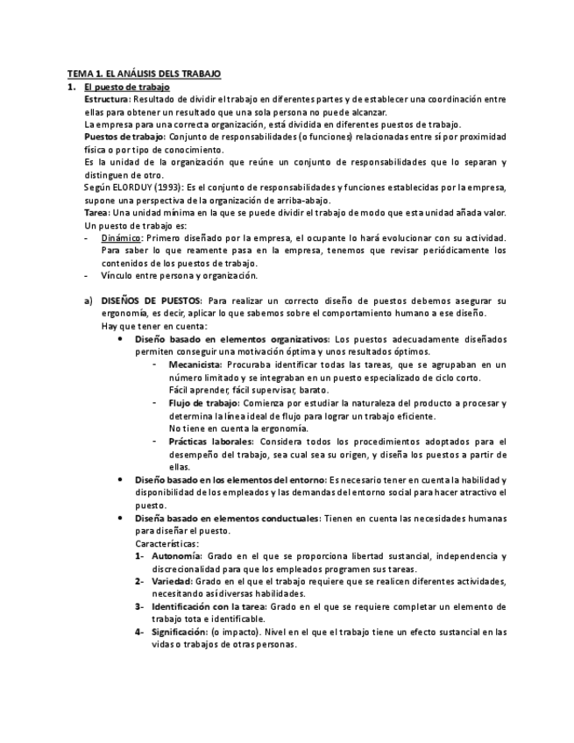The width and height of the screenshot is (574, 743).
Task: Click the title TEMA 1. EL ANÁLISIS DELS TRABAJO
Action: [x=145, y=75]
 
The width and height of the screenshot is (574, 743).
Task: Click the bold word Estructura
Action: [x=106, y=100]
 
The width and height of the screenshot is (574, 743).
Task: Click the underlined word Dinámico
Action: [x=121, y=238]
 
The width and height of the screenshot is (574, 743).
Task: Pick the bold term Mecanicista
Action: [x=195, y=364]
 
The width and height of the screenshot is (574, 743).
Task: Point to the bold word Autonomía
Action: [x=176, y=556]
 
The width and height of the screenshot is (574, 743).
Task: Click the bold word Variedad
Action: [x=172, y=582]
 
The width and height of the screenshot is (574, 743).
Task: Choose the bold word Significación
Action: [x=179, y=632]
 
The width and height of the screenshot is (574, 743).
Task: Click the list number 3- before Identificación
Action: [x=140, y=606]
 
